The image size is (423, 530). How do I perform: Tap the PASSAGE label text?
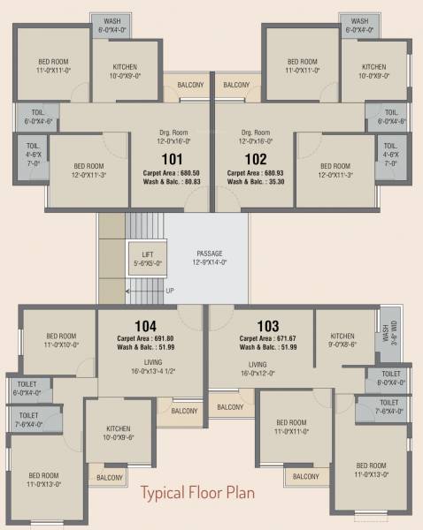coord(210,253)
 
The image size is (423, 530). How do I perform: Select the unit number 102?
coord(256,159)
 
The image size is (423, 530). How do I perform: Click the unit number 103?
coord(268,325)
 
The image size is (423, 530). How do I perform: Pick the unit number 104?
coord(145,325)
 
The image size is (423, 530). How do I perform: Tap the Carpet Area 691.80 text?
coord(145,337)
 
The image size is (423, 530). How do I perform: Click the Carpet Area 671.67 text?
coord(267,337)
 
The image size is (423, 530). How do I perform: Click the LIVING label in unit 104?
coord(146,364)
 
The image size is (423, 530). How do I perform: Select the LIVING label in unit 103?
coord(258,364)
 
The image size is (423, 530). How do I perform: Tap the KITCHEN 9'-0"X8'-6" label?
coord(342,341)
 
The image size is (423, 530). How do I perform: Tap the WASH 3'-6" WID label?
coord(387,336)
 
